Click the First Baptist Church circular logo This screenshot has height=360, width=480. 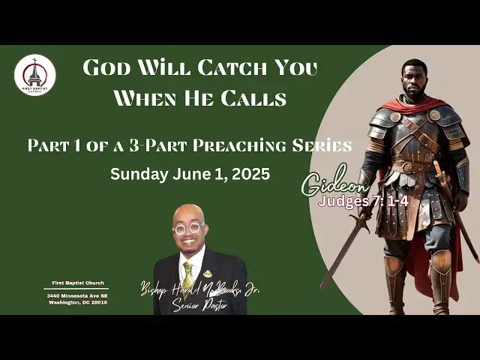(34, 75)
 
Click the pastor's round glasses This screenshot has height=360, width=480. (189, 226)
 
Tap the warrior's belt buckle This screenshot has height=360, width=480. (409, 166)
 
